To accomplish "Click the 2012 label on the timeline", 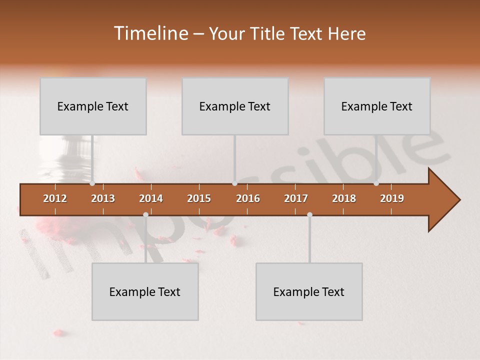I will tap(55, 198).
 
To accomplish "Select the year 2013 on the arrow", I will tap(103, 198).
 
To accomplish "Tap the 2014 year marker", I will tap(151, 198).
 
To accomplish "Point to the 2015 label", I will tap(199, 198).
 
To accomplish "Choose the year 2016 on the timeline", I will tap(248, 198).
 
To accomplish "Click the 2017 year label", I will tap(296, 198).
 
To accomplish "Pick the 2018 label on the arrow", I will tap(344, 198).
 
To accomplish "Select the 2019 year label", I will tap(392, 198).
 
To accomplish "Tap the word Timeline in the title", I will tap(150, 33).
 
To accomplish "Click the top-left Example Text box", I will tap(93, 106).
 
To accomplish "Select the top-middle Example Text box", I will tap(235, 106).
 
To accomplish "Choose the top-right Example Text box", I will tap(377, 106).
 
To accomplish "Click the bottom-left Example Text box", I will tap(145, 291).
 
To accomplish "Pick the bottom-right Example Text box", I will tap(309, 291).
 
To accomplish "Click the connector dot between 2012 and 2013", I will tap(92, 183).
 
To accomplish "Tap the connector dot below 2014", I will tap(145, 214).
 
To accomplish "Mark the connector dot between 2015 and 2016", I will tap(234, 183).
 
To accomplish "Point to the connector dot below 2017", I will tap(309, 214).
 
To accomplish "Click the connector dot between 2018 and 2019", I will tap(376, 183).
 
